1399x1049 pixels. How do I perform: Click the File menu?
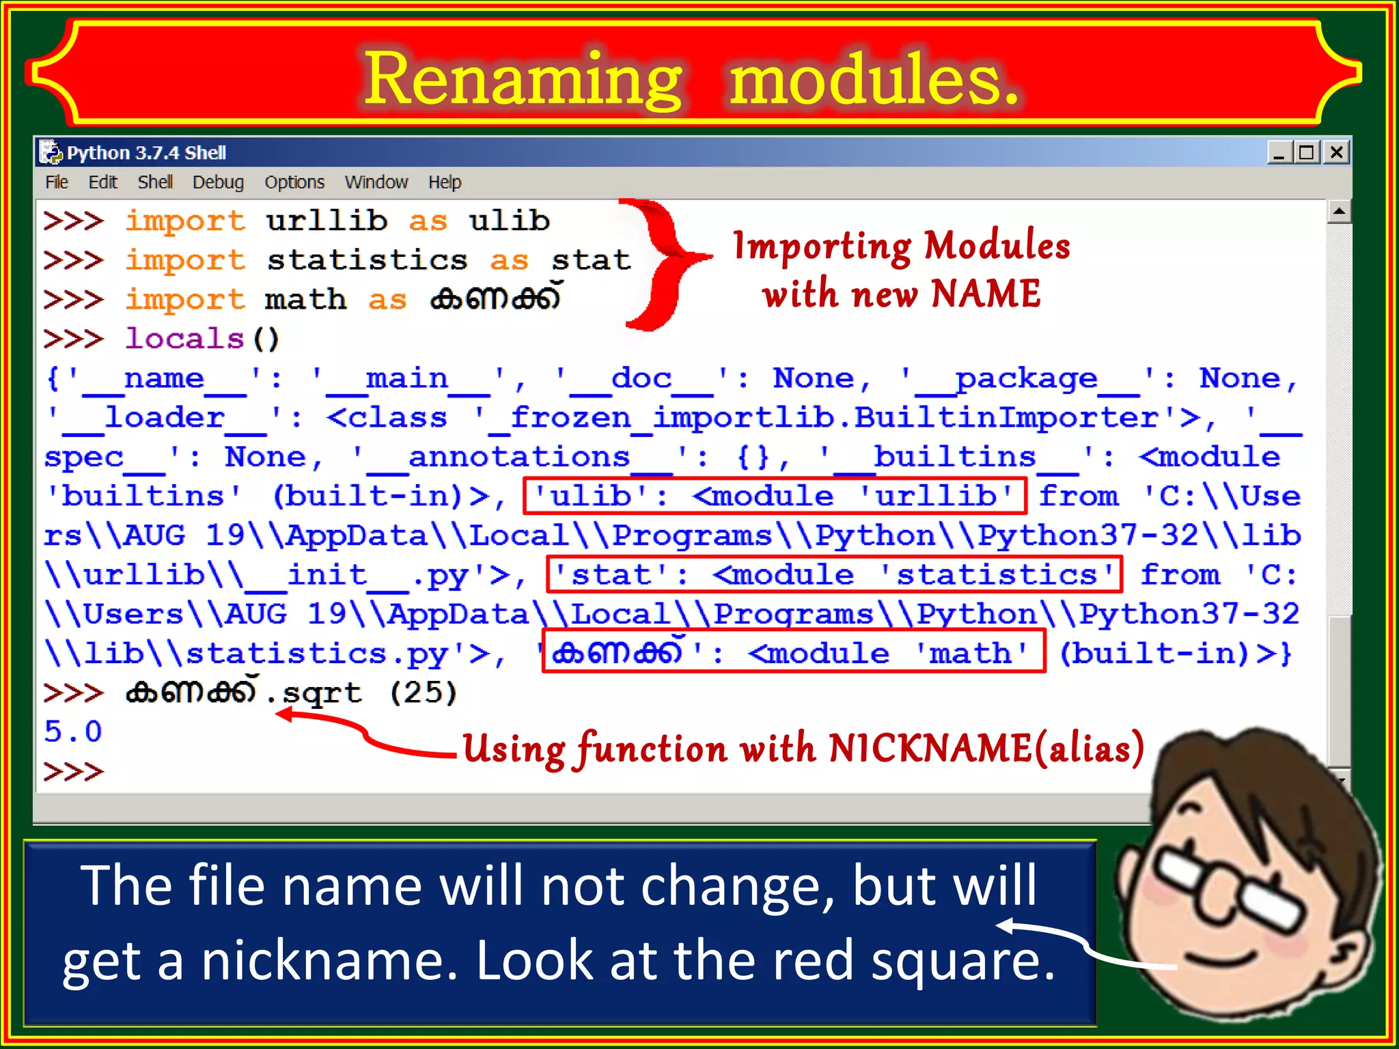click(57, 182)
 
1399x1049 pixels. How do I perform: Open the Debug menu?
click(218, 182)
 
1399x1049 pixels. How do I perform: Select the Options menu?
click(294, 182)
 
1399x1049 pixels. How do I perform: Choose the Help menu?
click(445, 182)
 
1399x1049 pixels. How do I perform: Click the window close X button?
click(1336, 152)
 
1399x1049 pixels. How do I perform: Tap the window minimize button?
click(1279, 152)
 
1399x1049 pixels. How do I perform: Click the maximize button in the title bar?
click(1307, 152)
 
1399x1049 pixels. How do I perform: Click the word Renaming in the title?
click(523, 80)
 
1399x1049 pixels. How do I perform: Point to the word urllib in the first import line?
click(327, 221)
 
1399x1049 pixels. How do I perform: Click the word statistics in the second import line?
click(367, 260)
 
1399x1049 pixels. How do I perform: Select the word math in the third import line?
click(305, 300)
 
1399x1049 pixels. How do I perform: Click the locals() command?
click(202, 339)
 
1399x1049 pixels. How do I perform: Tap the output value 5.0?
click(73, 731)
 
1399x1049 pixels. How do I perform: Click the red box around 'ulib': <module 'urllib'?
click(774, 496)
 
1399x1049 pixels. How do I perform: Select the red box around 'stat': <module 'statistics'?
click(833, 574)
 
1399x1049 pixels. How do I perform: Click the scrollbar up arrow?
click(1339, 212)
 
